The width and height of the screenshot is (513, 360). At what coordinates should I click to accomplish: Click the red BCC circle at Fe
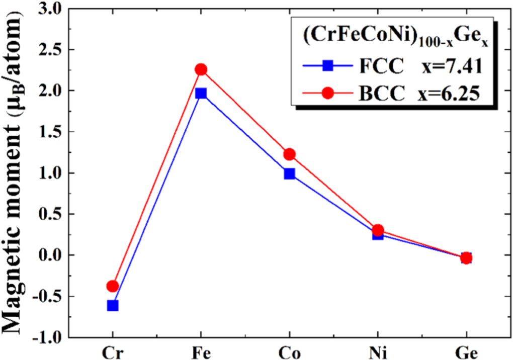coord(201,69)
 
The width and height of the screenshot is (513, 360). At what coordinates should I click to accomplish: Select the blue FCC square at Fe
coord(201,94)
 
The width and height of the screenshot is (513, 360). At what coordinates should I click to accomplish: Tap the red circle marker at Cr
coord(113,286)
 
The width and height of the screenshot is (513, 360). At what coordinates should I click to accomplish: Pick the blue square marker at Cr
coord(113,305)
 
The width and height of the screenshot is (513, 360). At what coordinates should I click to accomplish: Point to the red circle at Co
coord(289,154)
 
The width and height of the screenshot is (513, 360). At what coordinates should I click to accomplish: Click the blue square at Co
coord(289,174)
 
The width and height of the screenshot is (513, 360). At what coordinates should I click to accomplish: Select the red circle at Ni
coord(378,230)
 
